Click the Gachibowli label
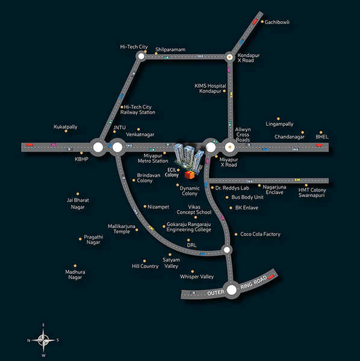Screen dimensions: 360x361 pyautogui.click(x=277, y=22)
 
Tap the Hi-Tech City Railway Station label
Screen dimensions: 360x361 pyautogui.click(x=137, y=110)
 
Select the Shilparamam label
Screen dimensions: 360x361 pyautogui.click(x=170, y=49)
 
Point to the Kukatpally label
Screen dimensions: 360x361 pyautogui.click(x=66, y=127)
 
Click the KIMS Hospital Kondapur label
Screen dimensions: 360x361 pyautogui.click(x=210, y=88)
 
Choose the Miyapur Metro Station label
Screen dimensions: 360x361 pyautogui.click(x=153, y=158)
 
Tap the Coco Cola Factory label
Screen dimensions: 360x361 pyautogui.click(x=260, y=234)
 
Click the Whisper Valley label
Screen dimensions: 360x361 pyautogui.click(x=197, y=277)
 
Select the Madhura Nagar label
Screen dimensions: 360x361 pyautogui.click(x=75, y=274)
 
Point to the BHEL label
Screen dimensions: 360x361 pyautogui.click(x=321, y=137)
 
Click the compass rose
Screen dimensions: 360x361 pyautogui.click(x=43, y=340)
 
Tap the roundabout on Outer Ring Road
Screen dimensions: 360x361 pyautogui.click(x=232, y=290)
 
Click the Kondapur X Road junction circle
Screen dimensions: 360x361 pyautogui.click(x=229, y=57)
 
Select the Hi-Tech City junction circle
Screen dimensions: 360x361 pyautogui.click(x=141, y=56)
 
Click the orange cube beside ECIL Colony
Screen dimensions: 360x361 pyautogui.click(x=189, y=175)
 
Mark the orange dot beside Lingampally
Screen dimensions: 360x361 pyautogui.click(x=278, y=119)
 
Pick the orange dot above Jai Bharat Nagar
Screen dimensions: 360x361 pyautogui.click(x=78, y=194)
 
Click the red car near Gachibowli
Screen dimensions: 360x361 pyautogui.click(x=255, y=22)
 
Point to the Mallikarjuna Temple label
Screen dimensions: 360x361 pyautogui.click(x=122, y=229)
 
